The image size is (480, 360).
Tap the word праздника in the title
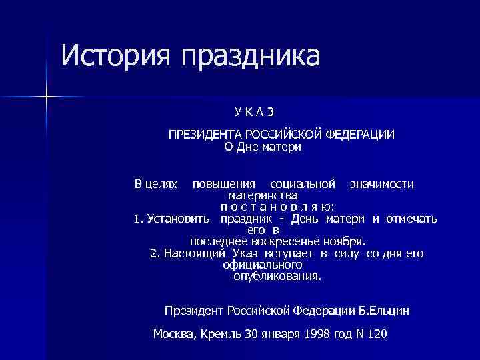246,57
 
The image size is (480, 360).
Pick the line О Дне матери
263,147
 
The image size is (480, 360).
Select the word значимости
382,183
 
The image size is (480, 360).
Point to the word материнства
263,196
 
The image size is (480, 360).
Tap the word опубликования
277,276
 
